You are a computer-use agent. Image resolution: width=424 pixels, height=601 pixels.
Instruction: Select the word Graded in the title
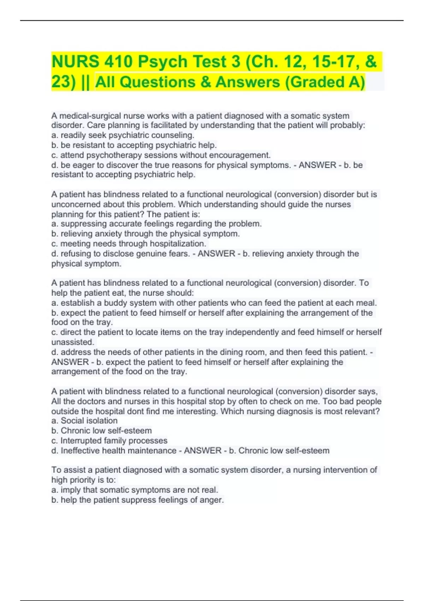[311, 82]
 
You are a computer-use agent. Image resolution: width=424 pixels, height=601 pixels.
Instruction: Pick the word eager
[83, 165]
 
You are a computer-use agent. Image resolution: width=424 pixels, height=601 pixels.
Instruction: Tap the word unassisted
[73, 342]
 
